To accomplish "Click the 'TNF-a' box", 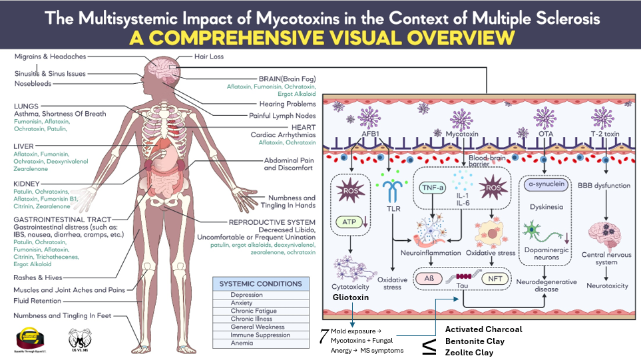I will [x=433, y=188].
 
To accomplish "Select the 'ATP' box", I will [x=349, y=222].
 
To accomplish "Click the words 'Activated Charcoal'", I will [x=483, y=329].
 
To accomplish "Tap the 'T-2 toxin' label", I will [x=605, y=133].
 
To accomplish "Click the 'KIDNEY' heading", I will [x=26, y=182].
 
